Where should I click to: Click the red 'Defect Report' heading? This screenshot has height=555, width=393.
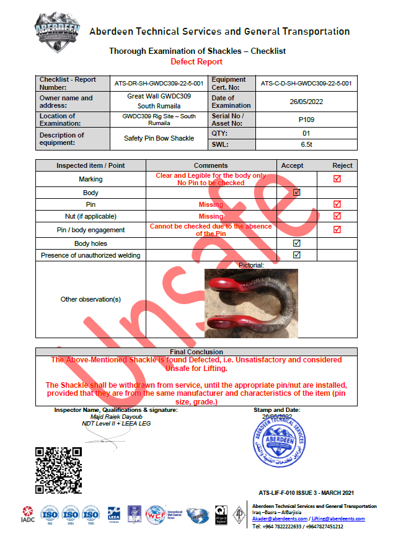pyautogui.click(x=196, y=61)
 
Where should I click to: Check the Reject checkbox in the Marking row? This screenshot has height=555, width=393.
pyautogui.click(x=337, y=179)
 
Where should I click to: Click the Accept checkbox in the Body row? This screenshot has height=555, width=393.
pyautogui.click(x=297, y=193)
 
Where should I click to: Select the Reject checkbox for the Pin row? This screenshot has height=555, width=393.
pyautogui.click(x=337, y=204)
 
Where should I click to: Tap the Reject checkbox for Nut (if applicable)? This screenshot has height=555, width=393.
pyautogui.click(x=337, y=216)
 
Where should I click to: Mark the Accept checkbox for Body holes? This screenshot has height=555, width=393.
pyautogui.click(x=297, y=243)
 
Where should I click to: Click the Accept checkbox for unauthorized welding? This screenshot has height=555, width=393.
pyautogui.click(x=297, y=255)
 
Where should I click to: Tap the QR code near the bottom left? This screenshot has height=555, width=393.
pyautogui.click(x=58, y=470)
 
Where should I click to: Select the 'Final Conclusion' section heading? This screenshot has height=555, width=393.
pyautogui.click(x=196, y=352)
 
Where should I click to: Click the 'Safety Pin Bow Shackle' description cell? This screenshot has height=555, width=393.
pyautogui.click(x=159, y=138)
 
